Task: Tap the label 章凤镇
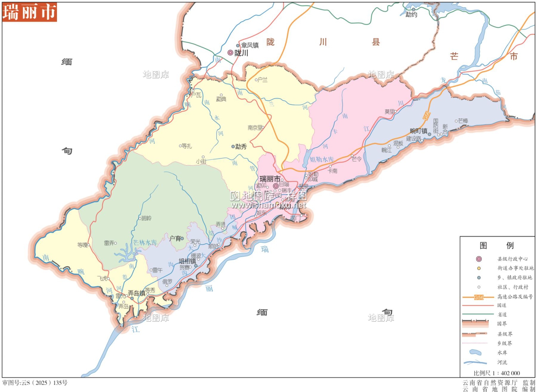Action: [x=250, y=45]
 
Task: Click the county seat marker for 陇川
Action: [x=231, y=53]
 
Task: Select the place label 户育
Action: [x=175, y=238]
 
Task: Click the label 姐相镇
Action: [x=187, y=261]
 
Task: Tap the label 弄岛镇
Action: [x=136, y=293]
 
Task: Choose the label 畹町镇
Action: [x=419, y=131]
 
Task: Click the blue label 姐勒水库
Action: [x=321, y=159]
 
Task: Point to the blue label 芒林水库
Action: [x=145, y=243]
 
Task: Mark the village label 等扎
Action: [x=187, y=146]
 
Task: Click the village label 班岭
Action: [x=146, y=218]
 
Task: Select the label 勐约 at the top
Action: [x=411, y=14]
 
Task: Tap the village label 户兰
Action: [x=262, y=80]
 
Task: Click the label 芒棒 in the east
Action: [x=463, y=121]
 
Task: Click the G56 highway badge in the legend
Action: [x=479, y=297]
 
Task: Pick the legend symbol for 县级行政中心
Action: [x=479, y=259]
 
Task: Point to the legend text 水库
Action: [x=502, y=353]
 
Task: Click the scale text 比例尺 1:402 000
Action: [x=497, y=373]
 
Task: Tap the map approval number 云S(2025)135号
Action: [x=35, y=383]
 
